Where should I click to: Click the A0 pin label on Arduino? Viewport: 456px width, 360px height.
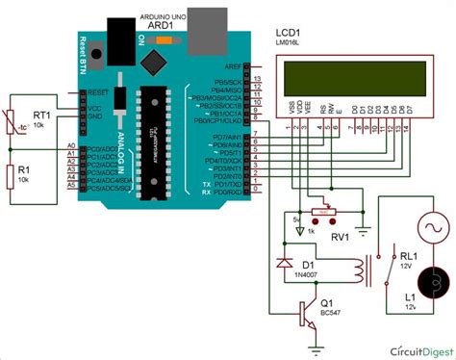click(70, 145)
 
